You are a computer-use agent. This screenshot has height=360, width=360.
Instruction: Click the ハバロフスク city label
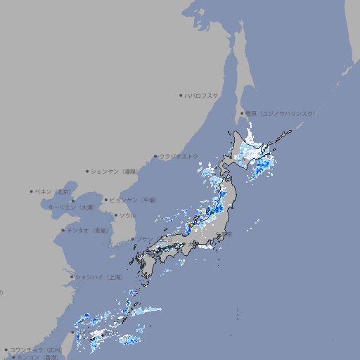click(x=202, y=95)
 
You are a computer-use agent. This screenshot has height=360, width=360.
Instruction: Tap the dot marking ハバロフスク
click(x=181, y=95)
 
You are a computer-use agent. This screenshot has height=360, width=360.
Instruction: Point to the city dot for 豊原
click(x=242, y=113)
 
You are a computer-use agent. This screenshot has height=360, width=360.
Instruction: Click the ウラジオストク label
click(x=179, y=156)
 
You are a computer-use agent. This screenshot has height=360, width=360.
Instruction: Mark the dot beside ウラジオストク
click(x=155, y=156)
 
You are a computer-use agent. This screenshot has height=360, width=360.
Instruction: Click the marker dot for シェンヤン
click(x=87, y=171)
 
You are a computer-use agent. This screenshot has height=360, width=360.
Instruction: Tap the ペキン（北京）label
click(x=53, y=191)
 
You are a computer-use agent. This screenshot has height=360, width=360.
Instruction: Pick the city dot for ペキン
click(x=32, y=191)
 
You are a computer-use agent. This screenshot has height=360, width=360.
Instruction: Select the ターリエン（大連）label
click(x=70, y=207)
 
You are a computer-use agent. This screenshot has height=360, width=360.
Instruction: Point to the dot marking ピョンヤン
click(x=106, y=200)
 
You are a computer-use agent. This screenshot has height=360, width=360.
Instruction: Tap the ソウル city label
click(x=127, y=215)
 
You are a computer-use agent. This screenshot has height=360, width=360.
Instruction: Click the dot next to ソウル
click(x=115, y=215)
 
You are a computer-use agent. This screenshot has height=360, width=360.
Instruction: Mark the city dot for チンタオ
click(x=63, y=230)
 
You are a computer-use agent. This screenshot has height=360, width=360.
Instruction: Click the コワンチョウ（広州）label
click(x=36, y=349)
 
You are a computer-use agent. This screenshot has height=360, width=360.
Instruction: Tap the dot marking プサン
click(x=132, y=239)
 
